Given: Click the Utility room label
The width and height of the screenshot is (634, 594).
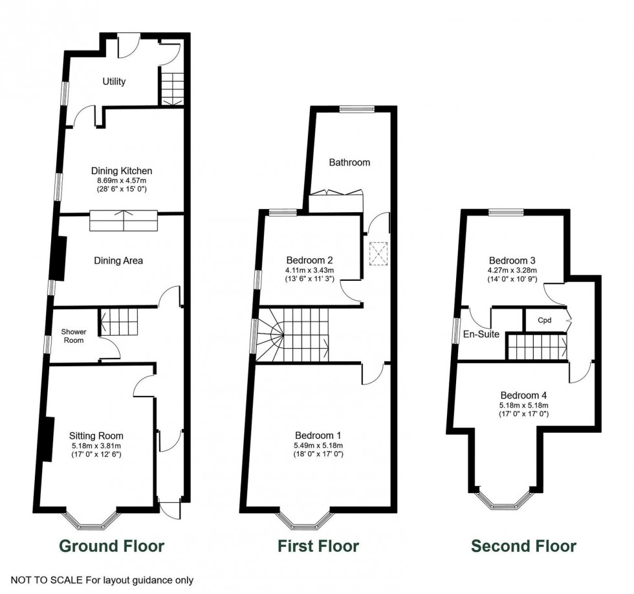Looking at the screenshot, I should [114, 82].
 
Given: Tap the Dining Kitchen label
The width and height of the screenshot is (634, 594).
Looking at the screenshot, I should [122, 171].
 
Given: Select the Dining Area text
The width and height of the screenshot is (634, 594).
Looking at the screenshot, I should [118, 261].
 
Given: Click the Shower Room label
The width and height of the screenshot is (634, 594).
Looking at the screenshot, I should [74, 335].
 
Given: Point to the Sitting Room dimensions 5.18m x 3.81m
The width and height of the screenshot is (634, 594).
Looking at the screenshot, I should [96, 445].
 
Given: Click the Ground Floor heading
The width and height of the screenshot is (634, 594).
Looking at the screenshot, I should [112, 546].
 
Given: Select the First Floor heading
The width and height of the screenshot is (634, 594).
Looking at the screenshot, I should [318, 546].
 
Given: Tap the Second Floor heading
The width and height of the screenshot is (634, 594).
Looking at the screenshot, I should [523, 546].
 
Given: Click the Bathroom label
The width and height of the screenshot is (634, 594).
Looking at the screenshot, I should [349, 162].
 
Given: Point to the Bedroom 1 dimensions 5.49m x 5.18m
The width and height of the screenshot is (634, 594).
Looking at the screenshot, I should [318, 445].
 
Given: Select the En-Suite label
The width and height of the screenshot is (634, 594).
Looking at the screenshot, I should [481, 335].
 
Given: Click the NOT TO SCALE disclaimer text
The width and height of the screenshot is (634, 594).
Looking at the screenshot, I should [102, 580].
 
